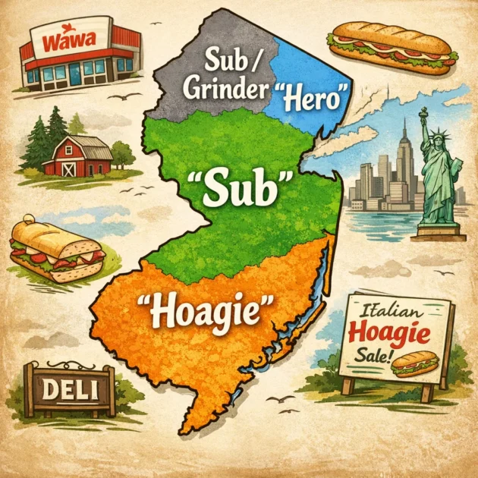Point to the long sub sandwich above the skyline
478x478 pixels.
pyautogui.click(x=393, y=46)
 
